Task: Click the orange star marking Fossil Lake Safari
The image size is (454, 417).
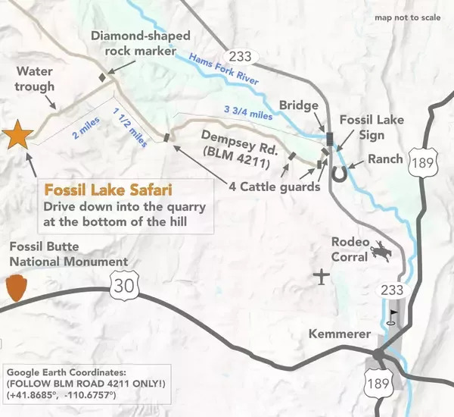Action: pyautogui.click(x=17, y=136)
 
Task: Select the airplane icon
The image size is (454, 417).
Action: pyautogui.click(x=323, y=277)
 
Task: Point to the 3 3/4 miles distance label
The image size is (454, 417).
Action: pyautogui.click(x=247, y=111)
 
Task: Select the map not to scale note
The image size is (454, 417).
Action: pyautogui.click(x=406, y=18)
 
